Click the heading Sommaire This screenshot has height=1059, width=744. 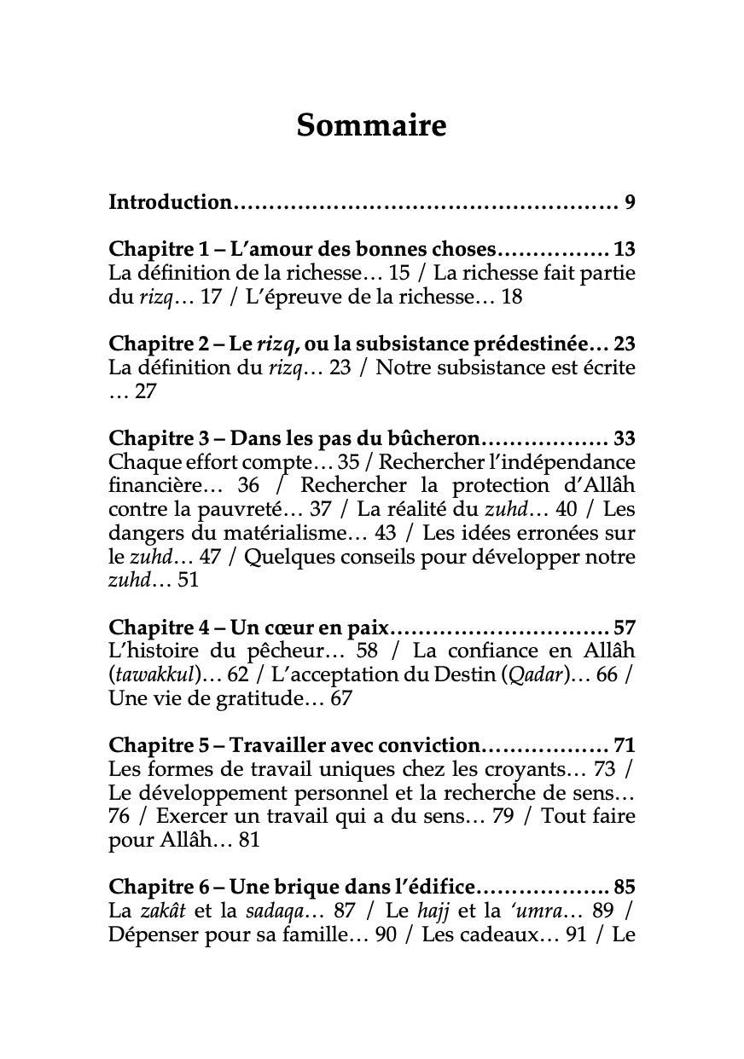pyautogui.click(x=371, y=125)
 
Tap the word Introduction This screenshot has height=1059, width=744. pyautogui.click(x=171, y=203)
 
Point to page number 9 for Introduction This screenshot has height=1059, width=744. pyautogui.click(x=630, y=203)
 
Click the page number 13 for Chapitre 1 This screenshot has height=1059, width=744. pyautogui.click(x=625, y=250)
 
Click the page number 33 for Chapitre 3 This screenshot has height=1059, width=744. pyautogui.click(x=625, y=439)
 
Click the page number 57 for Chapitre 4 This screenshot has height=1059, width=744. pyautogui.click(x=625, y=628)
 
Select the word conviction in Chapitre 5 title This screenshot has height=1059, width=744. pyautogui.click(x=432, y=746)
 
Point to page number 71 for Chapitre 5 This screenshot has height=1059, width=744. pyautogui.click(x=625, y=746)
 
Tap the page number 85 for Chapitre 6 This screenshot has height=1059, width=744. pyautogui.click(x=625, y=888)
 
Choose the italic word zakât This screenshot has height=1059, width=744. pyautogui.click(x=161, y=911)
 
